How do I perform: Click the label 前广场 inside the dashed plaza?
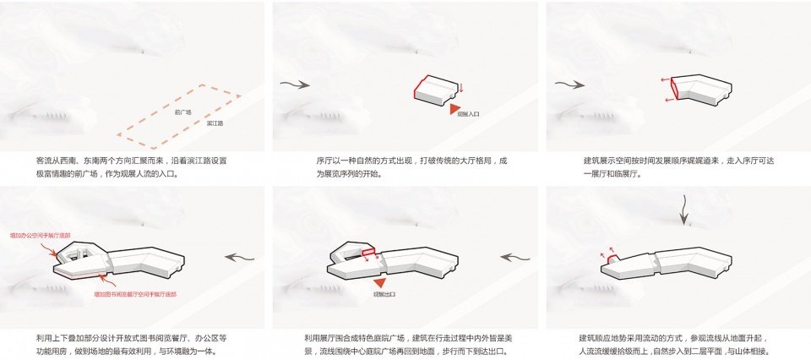pos(183,112)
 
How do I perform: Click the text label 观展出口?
pos(384,297)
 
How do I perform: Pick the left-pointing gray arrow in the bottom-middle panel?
pos(513,258)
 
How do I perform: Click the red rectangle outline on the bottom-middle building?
pos(368,252)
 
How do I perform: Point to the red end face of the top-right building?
pos(673,90)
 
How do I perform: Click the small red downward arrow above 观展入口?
pos(462,89)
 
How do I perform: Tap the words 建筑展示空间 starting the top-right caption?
pos(605,160)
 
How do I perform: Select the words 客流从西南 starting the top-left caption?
pos(57,160)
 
